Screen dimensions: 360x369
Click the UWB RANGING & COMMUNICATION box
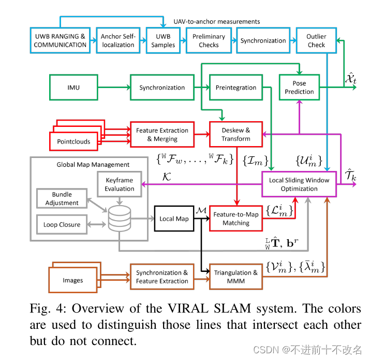click(x=61, y=41)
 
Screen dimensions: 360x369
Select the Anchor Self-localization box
click(x=118, y=41)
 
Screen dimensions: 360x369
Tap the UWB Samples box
click(x=163, y=41)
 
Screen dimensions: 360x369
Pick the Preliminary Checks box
click(x=209, y=41)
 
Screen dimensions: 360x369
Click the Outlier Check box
click(x=316, y=41)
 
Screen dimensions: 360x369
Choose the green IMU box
click(x=73, y=88)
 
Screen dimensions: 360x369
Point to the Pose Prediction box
click(x=299, y=88)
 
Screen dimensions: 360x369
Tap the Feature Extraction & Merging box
click(x=162, y=135)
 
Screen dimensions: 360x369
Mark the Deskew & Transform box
click(x=236, y=135)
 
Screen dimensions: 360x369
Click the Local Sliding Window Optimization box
click(x=299, y=184)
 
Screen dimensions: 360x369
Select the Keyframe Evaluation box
click(x=119, y=184)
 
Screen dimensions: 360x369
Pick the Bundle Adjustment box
click(x=62, y=199)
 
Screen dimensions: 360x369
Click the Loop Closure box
click(x=62, y=225)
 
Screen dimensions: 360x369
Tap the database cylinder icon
click(x=119, y=219)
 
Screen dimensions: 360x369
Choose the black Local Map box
click(x=174, y=219)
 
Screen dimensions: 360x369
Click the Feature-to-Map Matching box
click(x=235, y=219)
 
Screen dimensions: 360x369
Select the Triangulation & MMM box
click(x=235, y=277)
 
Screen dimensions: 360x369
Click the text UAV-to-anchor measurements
click(x=216, y=22)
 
